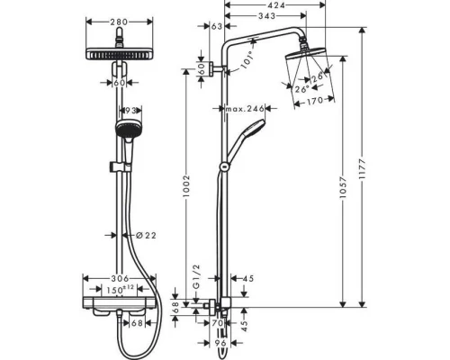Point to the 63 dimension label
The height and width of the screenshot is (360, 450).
(x=217, y=28)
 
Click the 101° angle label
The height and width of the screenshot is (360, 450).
(x=249, y=60)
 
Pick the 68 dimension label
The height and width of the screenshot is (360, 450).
(x=175, y=307)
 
